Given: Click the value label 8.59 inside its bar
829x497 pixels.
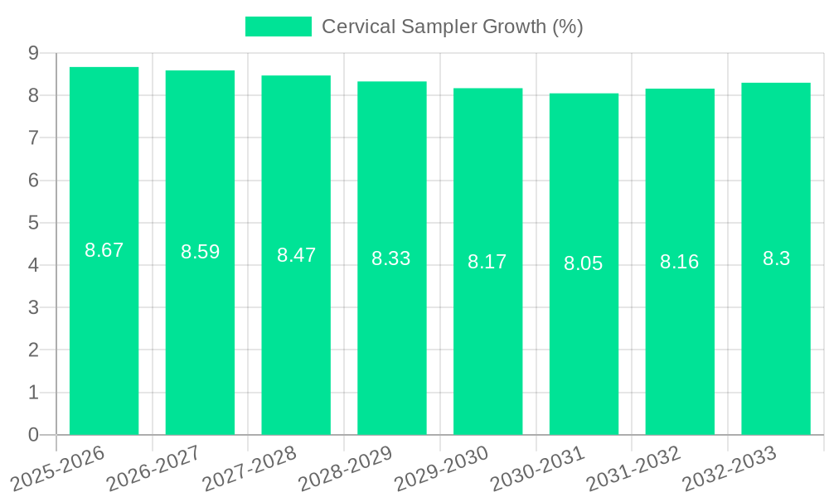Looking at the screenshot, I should pos(201,252).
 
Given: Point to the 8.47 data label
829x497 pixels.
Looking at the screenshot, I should pos(296,255).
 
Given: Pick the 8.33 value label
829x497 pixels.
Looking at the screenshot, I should pos(391,258).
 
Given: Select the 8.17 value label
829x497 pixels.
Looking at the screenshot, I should pos(487,262).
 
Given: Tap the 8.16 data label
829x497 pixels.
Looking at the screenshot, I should pos(680,262).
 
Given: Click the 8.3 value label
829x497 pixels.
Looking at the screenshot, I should pos(776,258).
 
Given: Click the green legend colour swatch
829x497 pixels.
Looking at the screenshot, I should pos(279,27).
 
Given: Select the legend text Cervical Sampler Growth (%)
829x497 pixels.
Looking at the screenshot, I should pos(453,27).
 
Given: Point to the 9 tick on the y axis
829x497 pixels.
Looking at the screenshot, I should pos(33,53).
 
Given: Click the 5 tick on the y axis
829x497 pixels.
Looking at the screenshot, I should pos(33,223).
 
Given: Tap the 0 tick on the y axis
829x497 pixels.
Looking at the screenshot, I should pos(33,435).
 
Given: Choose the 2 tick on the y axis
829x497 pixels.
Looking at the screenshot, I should pos(33,350).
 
